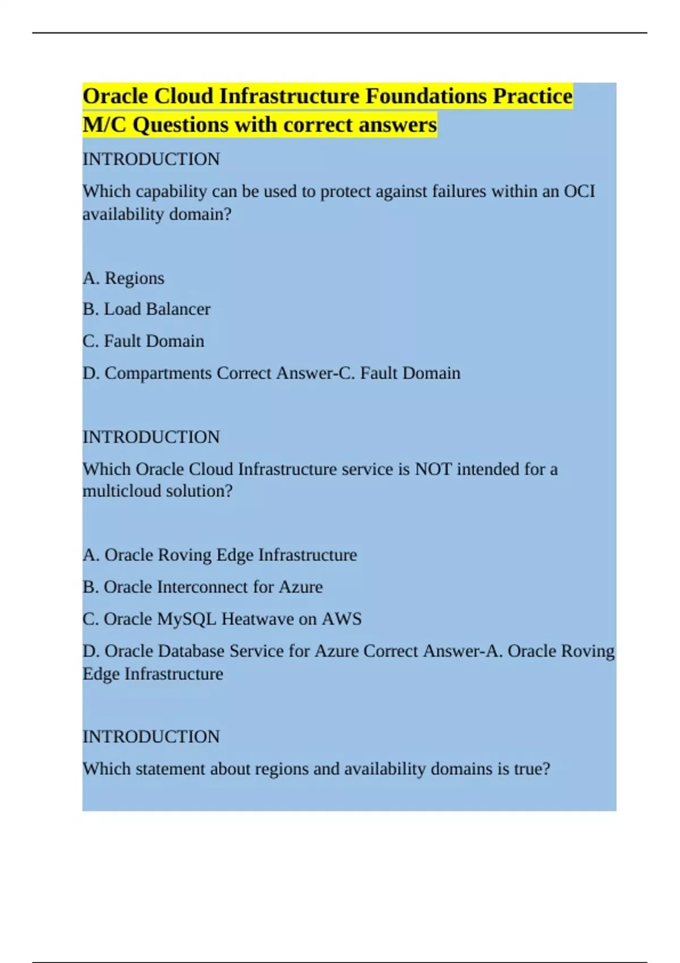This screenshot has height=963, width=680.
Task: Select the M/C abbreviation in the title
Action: point(104,125)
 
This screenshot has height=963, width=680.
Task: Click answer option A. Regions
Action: point(124,278)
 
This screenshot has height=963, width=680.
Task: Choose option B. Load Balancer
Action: point(146,309)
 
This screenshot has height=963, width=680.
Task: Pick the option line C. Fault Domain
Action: point(143,341)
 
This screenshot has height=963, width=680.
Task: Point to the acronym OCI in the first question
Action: point(579,191)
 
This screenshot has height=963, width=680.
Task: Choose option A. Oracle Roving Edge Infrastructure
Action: point(220,555)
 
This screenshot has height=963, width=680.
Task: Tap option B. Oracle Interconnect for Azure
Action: point(202,587)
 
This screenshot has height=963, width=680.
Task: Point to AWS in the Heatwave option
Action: point(342,619)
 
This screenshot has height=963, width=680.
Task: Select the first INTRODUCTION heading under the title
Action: point(151,159)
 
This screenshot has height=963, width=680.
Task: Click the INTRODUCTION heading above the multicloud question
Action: point(151,437)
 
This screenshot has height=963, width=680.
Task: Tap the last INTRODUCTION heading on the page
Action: point(151,737)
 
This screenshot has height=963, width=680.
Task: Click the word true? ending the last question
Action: point(532,769)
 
